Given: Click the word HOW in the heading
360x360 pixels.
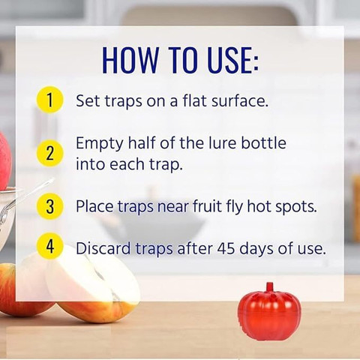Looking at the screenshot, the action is coord(130,60).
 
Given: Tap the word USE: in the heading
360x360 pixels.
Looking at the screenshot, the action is coord(233,60).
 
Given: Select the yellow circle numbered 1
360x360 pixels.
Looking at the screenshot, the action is coord(49,100).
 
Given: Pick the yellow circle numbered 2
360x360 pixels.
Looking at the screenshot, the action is coord(49,153).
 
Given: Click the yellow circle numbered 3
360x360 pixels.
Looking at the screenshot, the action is coord(49,206).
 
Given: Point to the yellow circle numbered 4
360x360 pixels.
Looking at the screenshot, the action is coord(49,246).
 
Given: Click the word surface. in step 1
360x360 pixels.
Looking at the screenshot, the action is coord(240,100).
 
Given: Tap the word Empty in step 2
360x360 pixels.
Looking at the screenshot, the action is coord(99,145).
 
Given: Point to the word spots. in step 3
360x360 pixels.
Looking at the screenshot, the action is coord(296,207).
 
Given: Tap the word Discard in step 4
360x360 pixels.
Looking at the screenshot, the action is coord(103,248).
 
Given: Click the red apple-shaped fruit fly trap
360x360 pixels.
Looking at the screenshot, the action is coord(270,313).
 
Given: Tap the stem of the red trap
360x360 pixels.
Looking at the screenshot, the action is coord(269,287).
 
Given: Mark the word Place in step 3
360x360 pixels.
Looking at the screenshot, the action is coord(94,206).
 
